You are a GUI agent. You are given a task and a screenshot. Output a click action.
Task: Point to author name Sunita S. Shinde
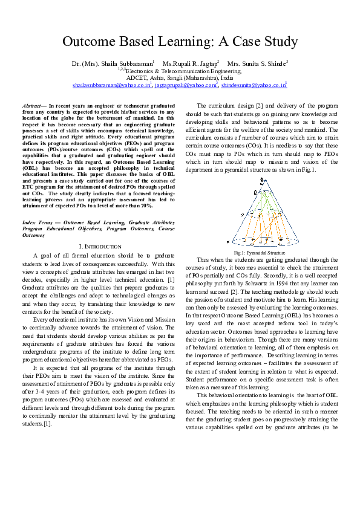262,63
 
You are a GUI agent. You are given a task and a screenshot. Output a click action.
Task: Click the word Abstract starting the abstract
34,105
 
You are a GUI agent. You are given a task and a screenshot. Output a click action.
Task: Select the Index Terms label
38,223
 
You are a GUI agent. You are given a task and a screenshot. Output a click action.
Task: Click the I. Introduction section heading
100,247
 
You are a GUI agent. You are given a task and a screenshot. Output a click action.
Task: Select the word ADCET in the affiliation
137,79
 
